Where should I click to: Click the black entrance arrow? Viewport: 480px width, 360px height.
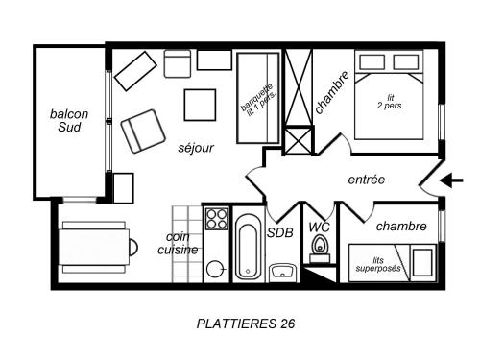(451, 180)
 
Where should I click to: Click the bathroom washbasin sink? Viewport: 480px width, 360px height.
(282, 273)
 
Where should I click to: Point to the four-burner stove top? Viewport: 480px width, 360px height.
(217, 219)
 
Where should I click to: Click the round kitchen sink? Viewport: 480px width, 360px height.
(214, 269)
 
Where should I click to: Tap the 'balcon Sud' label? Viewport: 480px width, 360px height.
(69, 120)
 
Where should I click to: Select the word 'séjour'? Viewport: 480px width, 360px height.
(196, 148)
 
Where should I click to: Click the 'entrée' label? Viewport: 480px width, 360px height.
(367, 180)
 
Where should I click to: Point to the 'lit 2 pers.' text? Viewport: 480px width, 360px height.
(390, 102)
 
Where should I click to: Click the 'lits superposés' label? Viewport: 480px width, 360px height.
(378, 264)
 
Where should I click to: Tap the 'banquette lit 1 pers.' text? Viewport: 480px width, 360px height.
(258, 100)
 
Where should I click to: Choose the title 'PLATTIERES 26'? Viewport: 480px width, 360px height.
(246, 324)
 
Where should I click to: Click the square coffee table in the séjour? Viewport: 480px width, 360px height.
(200, 105)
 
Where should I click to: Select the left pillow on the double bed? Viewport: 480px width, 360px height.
(372, 62)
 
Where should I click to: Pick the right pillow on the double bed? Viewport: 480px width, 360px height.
(406, 62)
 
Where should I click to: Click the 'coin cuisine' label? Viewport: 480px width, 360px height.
(178, 243)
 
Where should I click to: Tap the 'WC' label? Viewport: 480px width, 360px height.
(319, 228)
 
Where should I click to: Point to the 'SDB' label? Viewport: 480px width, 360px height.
(280, 232)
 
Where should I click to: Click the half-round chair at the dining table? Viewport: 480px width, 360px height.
(133, 247)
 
